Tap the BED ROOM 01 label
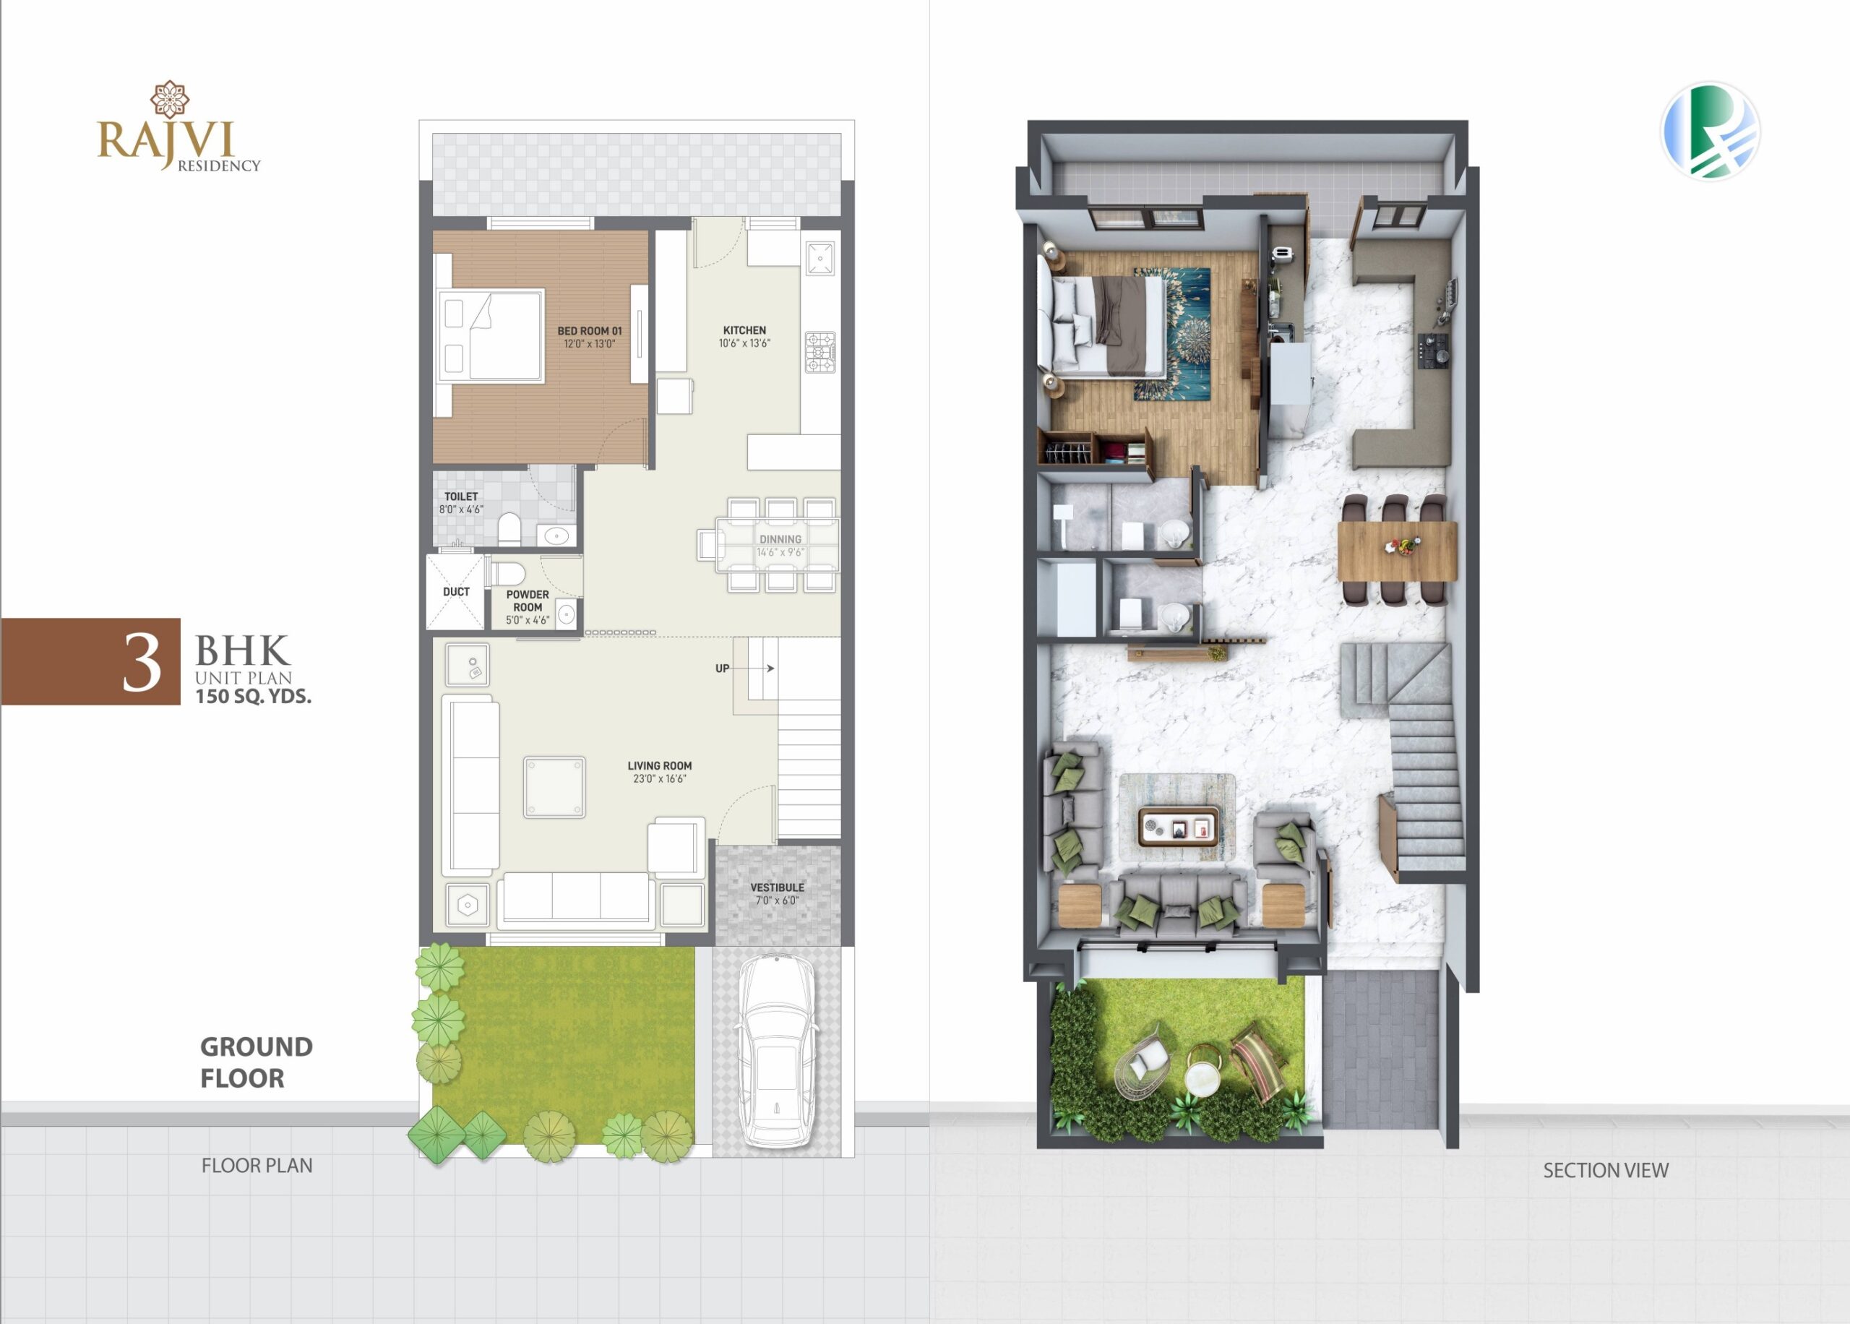click(589, 331)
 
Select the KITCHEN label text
click(744, 330)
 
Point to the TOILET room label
click(460, 496)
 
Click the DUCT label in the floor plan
click(457, 592)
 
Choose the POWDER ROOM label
click(528, 601)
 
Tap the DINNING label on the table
click(780, 539)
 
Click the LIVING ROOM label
click(659, 765)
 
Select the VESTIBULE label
click(777, 887)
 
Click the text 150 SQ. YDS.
click(254, 696)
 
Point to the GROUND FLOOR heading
click(256, 1062)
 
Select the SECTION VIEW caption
click(1606, 1170)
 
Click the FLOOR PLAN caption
click(257, 1166)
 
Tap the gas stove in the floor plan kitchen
click(820, 352)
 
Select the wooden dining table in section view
click(1397, 551)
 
